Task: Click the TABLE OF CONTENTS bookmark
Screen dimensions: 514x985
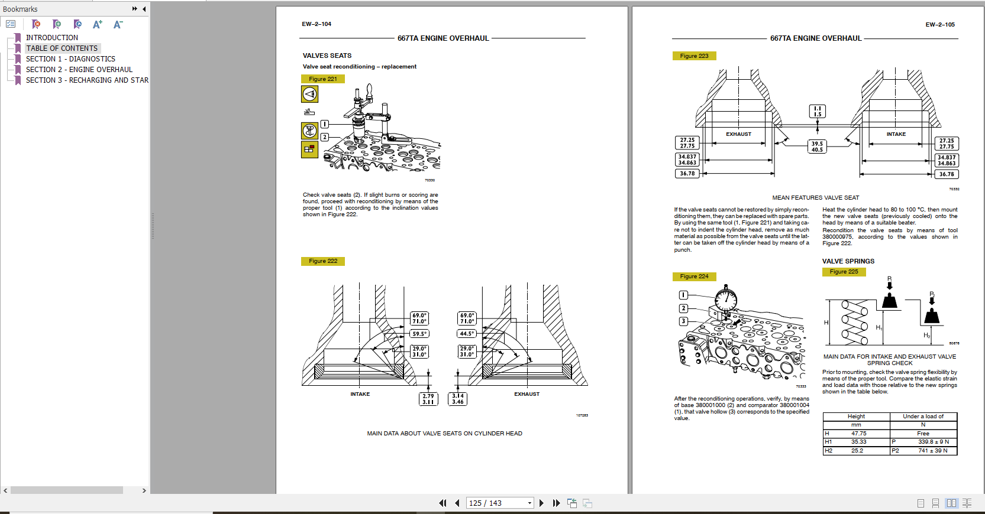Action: point(62,48)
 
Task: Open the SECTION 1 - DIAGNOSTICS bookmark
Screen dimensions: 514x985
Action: point(70,59)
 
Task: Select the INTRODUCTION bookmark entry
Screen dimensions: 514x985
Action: point(51,38)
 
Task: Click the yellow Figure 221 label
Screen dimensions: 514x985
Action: point(323,79)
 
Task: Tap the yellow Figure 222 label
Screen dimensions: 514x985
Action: point(323,261)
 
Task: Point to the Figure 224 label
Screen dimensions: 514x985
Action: point(694,276)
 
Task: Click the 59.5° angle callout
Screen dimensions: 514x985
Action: point(419,334)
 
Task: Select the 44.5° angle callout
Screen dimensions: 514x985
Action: point(467,334)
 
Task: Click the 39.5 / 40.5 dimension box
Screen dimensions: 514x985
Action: point(817,147)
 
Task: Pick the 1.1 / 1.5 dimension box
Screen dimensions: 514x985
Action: point(817,111)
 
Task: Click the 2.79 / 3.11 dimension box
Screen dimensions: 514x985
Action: point(428,399)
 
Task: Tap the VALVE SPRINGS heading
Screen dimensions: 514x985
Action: point(848,261)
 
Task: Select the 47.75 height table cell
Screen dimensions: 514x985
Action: point(858,434)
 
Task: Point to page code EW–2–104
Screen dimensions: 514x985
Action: point(317,24)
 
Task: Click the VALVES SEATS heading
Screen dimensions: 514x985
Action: point(327,56)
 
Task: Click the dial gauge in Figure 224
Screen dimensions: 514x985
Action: point(726,298)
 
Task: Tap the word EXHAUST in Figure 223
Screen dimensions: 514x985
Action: point(738,134)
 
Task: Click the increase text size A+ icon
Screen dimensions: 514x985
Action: point(98,24)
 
